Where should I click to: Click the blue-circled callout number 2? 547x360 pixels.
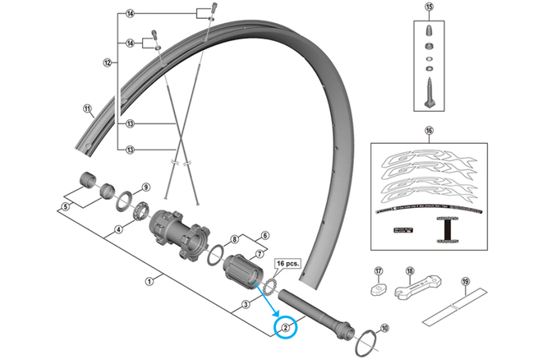click(286, 328)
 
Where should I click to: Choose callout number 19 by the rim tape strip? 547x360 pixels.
click(465, 282)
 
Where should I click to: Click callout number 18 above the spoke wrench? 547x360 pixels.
click(410, 271)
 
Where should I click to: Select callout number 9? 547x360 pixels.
click(145, 187)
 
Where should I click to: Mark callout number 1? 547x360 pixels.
click(149, 281)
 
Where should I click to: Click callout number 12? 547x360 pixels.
click(107, 62)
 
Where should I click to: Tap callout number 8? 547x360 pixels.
click(234, 239)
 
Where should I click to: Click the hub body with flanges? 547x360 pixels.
click(177, 233)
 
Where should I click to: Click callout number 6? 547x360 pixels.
click(265, 234)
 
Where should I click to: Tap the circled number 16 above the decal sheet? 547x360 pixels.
click(427, 130)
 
